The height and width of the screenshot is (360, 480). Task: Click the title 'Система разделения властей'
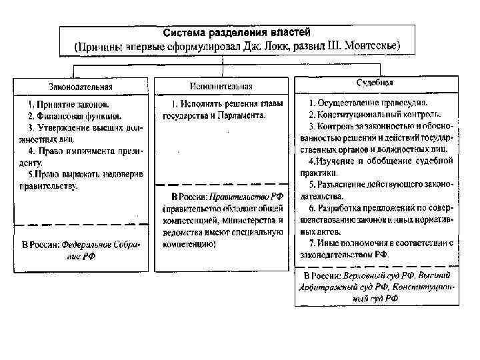(x=237, y=33)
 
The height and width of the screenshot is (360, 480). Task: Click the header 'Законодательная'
(x=80, y=87)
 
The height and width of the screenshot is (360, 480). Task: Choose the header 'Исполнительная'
(x=221, y=87)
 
